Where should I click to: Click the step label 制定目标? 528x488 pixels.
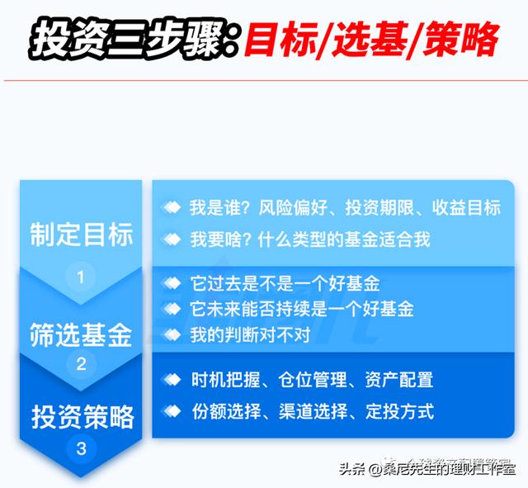pos(82,235)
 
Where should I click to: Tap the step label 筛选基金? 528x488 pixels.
pos(81,334)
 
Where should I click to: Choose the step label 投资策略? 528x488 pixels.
pos(82,417)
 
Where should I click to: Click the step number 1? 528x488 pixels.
pos(81,277)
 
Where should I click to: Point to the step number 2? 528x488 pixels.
pos(81,363)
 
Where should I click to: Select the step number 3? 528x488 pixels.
pos(81,449)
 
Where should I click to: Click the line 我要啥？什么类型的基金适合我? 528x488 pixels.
pos(310,239)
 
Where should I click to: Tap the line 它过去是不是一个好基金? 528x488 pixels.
pos(285,285)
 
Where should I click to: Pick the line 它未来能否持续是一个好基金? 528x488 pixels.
pos(301,310)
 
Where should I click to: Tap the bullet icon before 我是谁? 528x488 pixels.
pos(172,208)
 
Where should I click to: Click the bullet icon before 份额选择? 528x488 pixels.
pos(172,410)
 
